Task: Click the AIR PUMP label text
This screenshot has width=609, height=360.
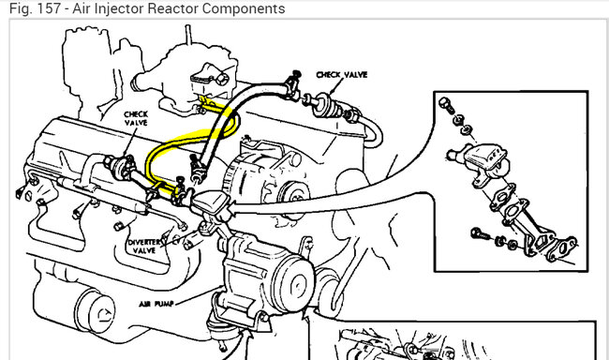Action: coord(156,303)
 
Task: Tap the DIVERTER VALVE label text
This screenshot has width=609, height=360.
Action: coord(143,246)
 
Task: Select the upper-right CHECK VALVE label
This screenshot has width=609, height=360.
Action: coord(341,75)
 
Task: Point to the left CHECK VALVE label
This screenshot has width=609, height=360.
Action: coord(136,118)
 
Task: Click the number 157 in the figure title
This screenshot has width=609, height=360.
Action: coord(49,8)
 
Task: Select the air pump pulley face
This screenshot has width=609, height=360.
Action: coord(295,285)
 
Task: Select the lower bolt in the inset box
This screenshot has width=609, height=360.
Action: coord(478,234)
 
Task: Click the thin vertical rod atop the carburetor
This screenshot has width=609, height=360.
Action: coord(188,36)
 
